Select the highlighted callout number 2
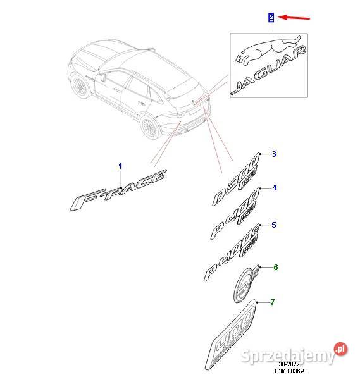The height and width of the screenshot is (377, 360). (x=271, y=18)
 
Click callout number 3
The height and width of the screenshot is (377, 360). (x=273, y=154)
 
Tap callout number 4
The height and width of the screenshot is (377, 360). (x=273, y=188)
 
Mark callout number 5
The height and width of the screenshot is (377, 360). (x=273, y=225)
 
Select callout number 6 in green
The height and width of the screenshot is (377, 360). (x=275, y=268)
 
